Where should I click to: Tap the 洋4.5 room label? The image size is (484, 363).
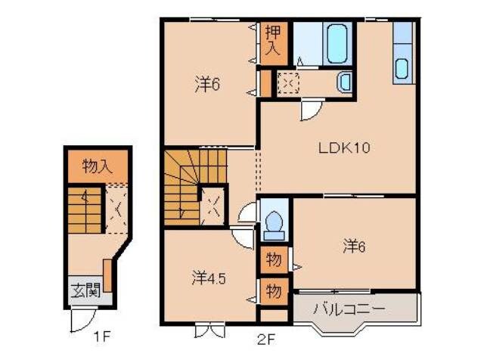(207, 278)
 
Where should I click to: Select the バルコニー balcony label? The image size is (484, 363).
(349, 309)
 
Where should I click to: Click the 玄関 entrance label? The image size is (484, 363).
(85, 290)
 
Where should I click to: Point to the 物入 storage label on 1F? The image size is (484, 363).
(97, 167)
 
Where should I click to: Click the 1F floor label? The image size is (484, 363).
(101, 337)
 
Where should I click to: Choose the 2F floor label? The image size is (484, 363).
(267, 340)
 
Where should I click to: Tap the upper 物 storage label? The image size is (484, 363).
(273, 260)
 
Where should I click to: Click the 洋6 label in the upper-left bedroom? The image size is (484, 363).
(206, 85)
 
